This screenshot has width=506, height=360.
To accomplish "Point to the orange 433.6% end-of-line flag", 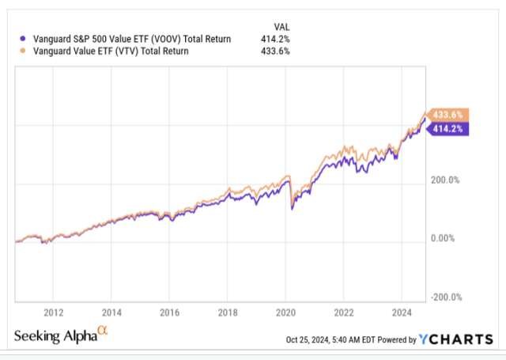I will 448,114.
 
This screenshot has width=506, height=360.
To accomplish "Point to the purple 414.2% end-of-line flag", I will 448,128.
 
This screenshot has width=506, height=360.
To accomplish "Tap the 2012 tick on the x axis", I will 54,311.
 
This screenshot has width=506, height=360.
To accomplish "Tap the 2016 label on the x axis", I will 169,311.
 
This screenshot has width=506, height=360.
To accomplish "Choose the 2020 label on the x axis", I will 285,311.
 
